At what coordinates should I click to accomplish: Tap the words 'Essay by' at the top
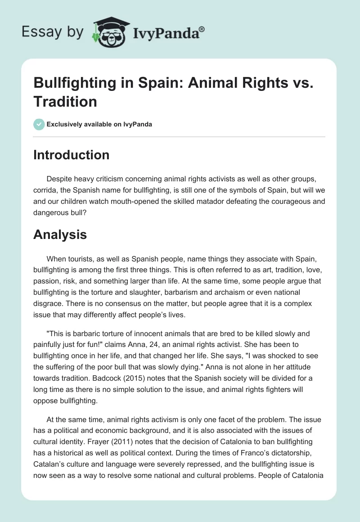pyautogui.click(x=53, y=32)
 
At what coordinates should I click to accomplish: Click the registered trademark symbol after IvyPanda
pyautogui.click(x=202, y=30)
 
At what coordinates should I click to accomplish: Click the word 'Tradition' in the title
pyautogui.click(x=66, y=102)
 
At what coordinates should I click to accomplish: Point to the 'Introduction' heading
pyautogui.click(x=72, y=155)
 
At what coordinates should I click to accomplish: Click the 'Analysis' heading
pyautogui.click(x=60, y=234)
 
